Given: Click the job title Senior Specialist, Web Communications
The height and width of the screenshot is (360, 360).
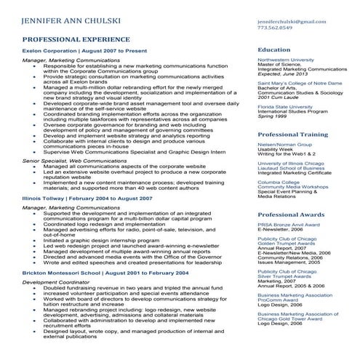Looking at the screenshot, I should pos(78,159).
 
